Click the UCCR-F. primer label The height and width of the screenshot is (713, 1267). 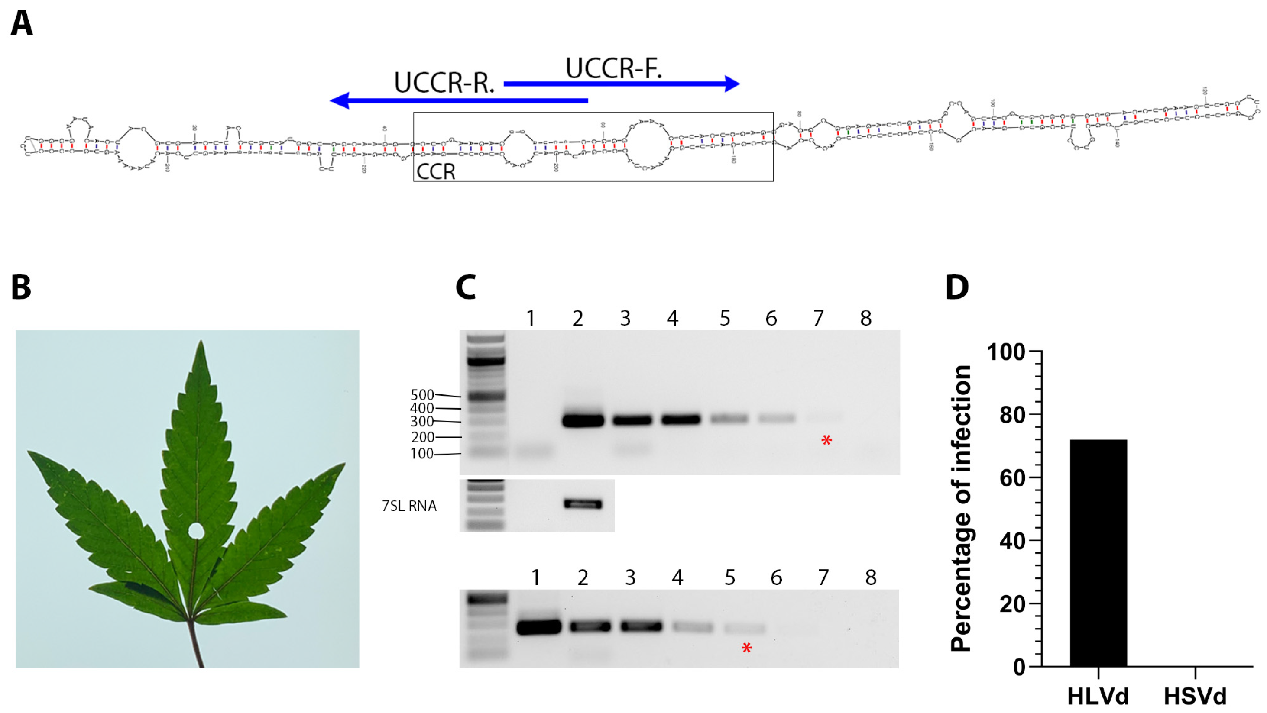(x=613, y=68)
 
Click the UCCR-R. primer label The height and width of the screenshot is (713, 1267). (x=444, y=83)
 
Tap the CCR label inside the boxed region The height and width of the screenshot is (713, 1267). (x=436, y=171)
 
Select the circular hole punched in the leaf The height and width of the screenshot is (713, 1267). (x=196, y=531)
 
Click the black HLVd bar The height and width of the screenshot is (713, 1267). (x=1098, y=553)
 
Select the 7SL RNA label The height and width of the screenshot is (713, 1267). (x=409, y=506)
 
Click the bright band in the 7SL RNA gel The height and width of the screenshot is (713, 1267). (x=583, y=504)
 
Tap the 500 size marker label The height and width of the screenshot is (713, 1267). (x=422, y=395)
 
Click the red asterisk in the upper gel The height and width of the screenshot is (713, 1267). (x=826, y=441)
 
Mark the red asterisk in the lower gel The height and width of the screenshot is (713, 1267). (x=746, y=648)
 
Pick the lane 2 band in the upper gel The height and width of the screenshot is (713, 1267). (x=583, y=420)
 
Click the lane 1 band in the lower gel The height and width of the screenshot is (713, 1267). (x=538, y=627)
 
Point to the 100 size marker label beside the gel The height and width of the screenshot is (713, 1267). (x=422, y=453)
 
